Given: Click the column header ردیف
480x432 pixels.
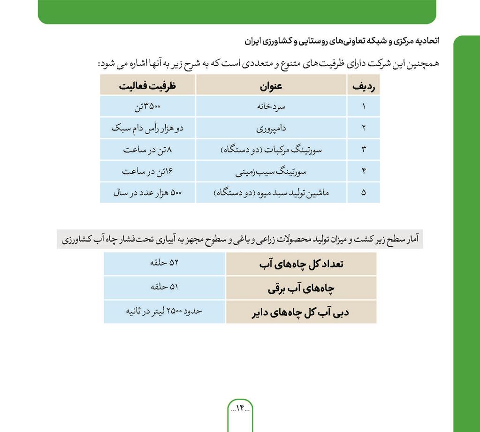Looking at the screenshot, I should coord(364,86).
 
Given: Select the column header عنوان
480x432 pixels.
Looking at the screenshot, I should coord(271,86).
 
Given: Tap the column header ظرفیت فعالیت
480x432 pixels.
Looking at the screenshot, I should coord(147,86).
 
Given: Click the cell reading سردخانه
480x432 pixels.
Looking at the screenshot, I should coord(271,106).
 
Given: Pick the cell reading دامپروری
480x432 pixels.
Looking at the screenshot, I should coord(271,128).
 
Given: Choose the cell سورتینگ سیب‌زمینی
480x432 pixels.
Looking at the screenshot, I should coord(271,172).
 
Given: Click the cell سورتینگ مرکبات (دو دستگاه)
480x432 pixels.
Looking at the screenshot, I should coord(271,150).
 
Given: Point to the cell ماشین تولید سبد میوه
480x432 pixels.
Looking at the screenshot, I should coord(271,193).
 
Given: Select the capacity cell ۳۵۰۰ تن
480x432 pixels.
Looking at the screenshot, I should coord(147,106).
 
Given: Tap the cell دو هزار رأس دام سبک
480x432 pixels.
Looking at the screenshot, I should coord(147,128).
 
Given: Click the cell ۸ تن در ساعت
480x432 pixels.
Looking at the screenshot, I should coord(147,150).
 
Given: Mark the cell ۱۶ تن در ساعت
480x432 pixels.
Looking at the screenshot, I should coord(147,172).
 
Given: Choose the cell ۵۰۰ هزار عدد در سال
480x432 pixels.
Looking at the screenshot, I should coord(147,193).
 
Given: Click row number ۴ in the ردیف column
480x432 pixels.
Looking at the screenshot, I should coord(364,172).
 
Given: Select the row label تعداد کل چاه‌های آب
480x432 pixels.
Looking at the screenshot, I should coord(301,264).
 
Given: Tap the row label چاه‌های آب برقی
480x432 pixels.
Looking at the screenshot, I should coord(301,288).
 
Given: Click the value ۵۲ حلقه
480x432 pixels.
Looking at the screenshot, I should coord(164,264).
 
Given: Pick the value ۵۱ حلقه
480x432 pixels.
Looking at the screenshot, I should coord(164,288).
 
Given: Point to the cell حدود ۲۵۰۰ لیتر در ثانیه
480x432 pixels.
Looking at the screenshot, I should coord(164,311).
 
